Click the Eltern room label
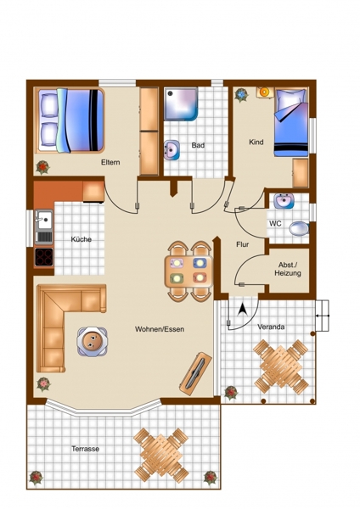click(x=110, y=162)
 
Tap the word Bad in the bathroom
click(x=198, y=145)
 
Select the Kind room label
click(x=256, y=142)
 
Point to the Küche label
click(x=82, y=239)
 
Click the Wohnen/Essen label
click(x=160, y=329)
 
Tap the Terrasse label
click(x=86, y=449)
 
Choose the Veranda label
click(x=271, y=327)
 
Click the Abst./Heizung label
click(x=288, y=269)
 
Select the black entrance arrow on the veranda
click(x=242, y=310)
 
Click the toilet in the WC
click(x=299, y=228)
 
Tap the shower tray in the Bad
click(x=181, y=103)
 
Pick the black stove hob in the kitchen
click(x=44, y=257)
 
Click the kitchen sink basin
click(x=43, y=220)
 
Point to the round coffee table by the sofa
click(x=93, y=342)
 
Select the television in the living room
click(x=195, y=373)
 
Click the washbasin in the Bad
click(x=172, y=150)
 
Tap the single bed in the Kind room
click(x=291, y=122)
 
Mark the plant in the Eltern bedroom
click(x=42, y=167)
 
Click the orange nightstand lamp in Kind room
click(x=264, y=92)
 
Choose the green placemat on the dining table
click(x=177, y=278)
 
